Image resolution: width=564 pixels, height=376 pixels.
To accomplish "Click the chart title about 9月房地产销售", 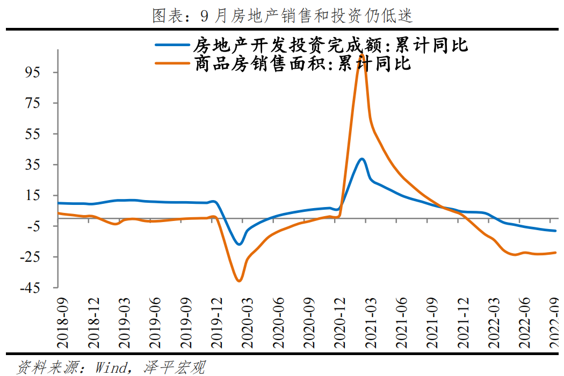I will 283,16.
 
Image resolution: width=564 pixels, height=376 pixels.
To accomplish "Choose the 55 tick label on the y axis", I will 40,134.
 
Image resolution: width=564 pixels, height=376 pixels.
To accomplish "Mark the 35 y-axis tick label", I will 40,164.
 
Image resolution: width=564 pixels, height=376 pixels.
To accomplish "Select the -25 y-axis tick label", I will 36,257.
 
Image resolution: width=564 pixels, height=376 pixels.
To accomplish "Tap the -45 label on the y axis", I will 36,287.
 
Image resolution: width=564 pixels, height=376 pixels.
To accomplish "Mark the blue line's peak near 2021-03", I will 362,159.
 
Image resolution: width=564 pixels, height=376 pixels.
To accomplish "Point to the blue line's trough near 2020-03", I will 240,244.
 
